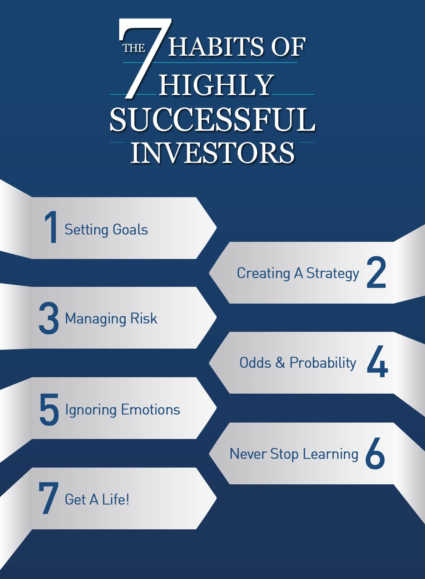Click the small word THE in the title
(134, 48)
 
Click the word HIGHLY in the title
(216, 84)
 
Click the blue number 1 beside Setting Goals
(51, 227)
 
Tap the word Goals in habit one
(130, 229)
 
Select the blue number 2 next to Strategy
(376, 272)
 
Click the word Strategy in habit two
(333, 274)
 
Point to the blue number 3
(49, 318)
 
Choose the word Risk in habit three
(144, 318)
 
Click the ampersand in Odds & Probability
(280, 363)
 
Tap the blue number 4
(377, 361)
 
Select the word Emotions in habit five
(150, 410)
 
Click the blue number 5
(49, 410)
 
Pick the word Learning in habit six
(330, 454)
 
